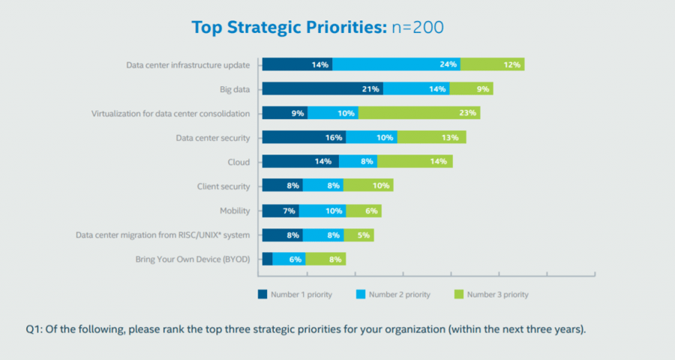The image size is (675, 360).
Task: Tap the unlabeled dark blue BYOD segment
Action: [267, 259]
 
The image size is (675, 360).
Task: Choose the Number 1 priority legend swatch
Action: [263, 295]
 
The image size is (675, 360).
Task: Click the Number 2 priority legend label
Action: [400, 295]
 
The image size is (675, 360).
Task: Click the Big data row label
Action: [235, 89]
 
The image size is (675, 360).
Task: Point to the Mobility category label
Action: [235, 211]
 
